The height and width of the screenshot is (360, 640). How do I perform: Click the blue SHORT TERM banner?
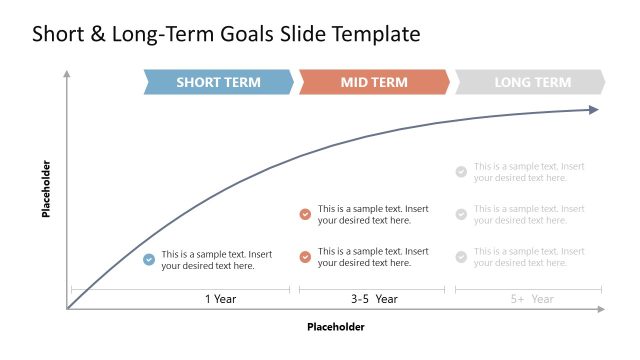click(218, 82)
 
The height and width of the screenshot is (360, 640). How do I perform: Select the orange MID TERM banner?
click(374, 82)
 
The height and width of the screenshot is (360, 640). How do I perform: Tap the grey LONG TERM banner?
click(531, 82)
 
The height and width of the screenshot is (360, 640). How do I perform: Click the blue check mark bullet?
click(149, 260)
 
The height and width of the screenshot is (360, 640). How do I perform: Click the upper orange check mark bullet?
click(305, 214)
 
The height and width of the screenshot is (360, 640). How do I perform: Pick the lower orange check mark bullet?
click(305, 257)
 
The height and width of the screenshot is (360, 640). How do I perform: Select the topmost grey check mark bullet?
click(461, 172)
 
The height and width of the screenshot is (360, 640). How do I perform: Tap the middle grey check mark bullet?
click(461, 214)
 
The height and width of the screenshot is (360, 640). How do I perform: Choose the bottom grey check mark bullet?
click(461, 257)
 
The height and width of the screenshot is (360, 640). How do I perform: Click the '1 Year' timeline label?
click(221, 299)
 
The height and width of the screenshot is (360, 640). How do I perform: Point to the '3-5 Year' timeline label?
click(374, 299)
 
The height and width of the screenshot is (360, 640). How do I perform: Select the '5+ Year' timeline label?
click(531, 299)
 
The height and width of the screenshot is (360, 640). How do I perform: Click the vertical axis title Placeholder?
click(46, 189)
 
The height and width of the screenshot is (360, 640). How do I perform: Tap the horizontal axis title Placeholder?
click(335, 327)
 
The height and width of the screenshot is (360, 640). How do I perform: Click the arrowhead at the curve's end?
click(594, 110)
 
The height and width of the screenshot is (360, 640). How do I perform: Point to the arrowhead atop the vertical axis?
click(67, 74)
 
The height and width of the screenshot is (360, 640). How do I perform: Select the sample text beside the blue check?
click(217, 260)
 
